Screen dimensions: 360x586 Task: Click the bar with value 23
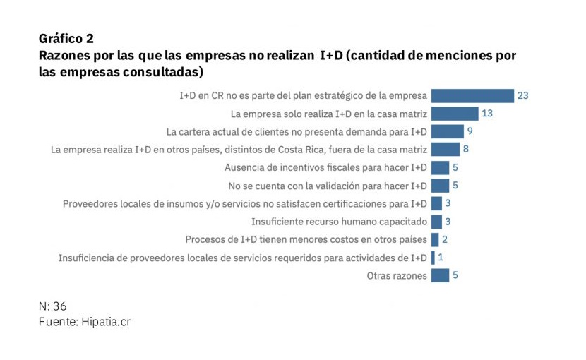pyautogui.click(x=472, y=95)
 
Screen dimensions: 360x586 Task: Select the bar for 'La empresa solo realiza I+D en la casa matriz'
pyautogui.click(x=454, y=113)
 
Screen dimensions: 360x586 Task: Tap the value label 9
pyautogui.click(x=470, y=131)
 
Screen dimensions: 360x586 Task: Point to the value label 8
pyautogui.click(x=466, y=149)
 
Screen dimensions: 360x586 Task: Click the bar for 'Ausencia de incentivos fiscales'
pyautogui.click(x=440, y=167)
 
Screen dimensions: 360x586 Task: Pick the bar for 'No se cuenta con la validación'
pyautogui.click(x=440, y=186)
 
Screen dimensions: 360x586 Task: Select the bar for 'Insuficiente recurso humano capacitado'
pyautogui.click(x=436, y=222)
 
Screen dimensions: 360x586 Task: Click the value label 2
pyautogui.click(x=445, y=239)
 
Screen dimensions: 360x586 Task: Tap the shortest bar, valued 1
pyautogui.click(x=433, y=258)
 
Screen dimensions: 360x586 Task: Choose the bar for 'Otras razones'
pyautogui.click(x=440, y=275)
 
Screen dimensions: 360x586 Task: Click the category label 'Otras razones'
pyautogui.click(x=397, y=276)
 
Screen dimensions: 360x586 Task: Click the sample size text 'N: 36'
pyautogui.click(x=53, y=306)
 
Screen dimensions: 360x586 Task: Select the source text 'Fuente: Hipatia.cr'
pyautogui.click(x=85, y=321)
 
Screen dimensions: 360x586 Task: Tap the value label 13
pyautogui.click(x=486, y=113)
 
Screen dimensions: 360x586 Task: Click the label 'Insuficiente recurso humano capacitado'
pyautogui.click(x=339, y=222)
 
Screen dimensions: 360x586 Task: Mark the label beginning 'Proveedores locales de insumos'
pyautogui.click(x=244, y=204)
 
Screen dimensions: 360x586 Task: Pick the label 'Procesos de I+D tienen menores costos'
pyautogui.click(x=306, y=240)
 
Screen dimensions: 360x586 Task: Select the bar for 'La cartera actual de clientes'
pyautogui.click(x=447, y=131)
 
